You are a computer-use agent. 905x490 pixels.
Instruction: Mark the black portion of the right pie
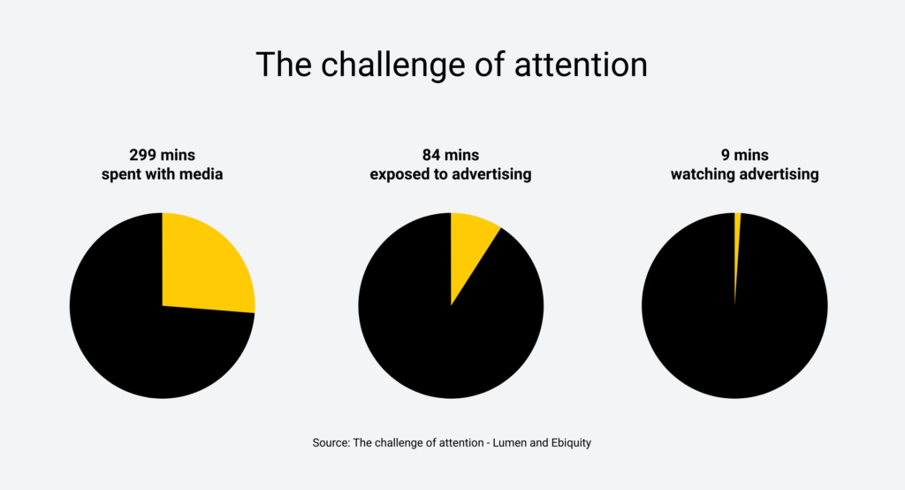click(734, 354)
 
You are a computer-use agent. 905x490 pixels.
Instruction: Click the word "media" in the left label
click(201, 174)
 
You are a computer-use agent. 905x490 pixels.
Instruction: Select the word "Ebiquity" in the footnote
click(569, 442)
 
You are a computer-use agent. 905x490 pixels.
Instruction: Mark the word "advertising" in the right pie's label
click(779, 174)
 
